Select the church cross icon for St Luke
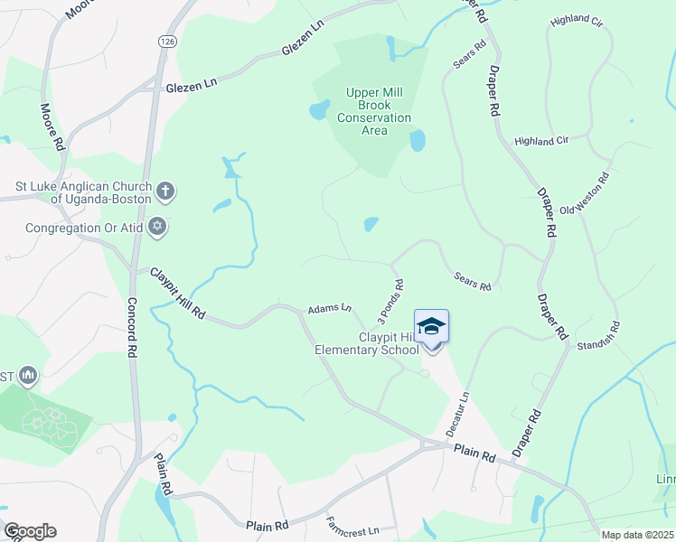pos(164,191)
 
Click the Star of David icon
pos(157,226)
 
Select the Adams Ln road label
pos(329,308)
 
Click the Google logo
pos(29,531)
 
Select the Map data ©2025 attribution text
pos(637,535)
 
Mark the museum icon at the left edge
pos(27,374)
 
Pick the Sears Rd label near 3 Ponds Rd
pos(472,281)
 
